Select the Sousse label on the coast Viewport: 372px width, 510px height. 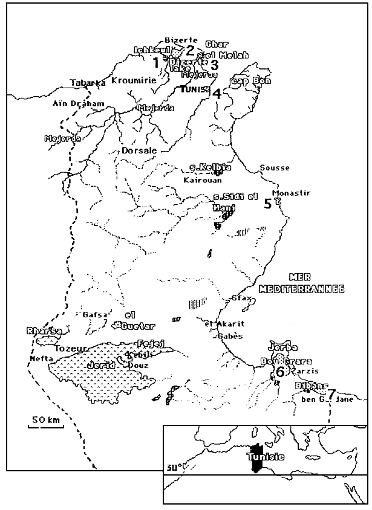tap(274, 167)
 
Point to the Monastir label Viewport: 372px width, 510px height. tap(292, 193)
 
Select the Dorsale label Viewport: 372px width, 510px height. tap(140, 150)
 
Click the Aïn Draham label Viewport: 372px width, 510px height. tap(78, 104)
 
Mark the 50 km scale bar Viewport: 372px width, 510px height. tap(45, 425)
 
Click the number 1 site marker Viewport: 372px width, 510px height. tap(155, 62)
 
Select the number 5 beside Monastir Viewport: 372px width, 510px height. tap(268, 204)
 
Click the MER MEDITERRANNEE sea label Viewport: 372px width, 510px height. tap(301, 283)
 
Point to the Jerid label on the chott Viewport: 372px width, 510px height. tap(102, 365)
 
